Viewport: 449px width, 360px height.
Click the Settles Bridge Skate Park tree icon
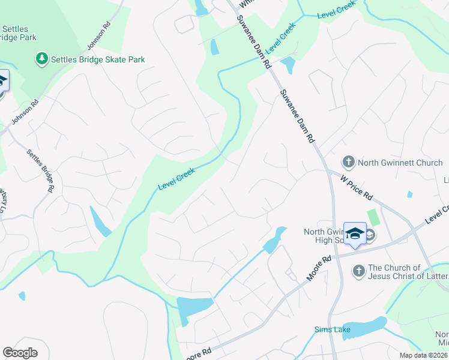coord(41,59)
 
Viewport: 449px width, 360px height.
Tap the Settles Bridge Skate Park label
coord(98,59)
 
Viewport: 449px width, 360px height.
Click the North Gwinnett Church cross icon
coord(348,161)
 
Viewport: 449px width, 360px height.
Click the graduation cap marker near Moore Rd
coord(355,233)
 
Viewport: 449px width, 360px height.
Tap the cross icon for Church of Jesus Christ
coord(359,272)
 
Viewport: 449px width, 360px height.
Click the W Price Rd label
coord(356,188)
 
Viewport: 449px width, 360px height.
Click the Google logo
coord(20,353)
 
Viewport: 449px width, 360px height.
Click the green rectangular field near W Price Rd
coord(373,217)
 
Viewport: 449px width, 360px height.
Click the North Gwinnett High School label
coord(323,236)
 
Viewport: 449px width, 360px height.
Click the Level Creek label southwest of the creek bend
coord(178,178)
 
